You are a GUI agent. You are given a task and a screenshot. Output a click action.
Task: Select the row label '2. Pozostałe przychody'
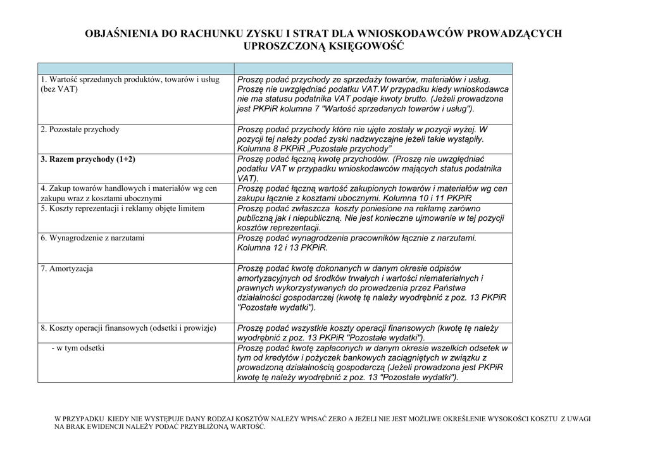80,130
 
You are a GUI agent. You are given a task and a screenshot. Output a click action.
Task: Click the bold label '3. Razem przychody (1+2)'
87,159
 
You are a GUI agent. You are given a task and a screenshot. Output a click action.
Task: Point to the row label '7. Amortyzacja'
66,269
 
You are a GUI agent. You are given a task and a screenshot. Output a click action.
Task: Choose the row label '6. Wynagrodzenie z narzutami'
92,238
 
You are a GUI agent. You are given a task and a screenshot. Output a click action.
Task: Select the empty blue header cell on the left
135,68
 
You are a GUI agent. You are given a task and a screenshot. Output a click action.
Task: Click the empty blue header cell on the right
373,68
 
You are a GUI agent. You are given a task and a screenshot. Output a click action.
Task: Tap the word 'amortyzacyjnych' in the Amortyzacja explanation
271,278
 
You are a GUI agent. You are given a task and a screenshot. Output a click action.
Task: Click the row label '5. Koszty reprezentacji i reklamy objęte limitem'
122,208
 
